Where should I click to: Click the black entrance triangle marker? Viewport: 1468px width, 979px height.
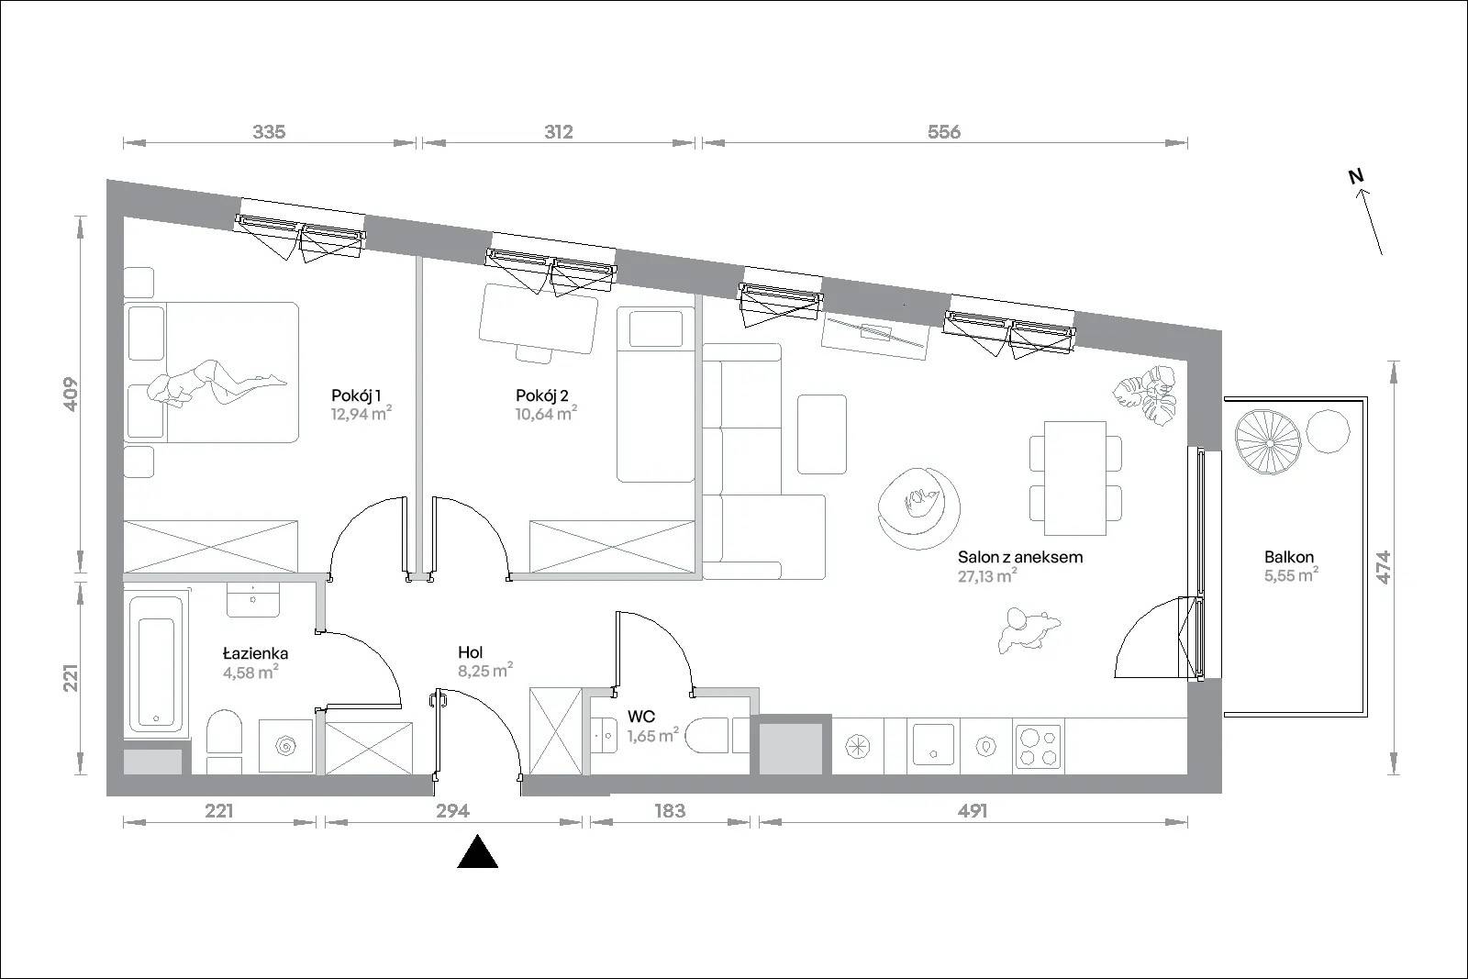coord(477,851)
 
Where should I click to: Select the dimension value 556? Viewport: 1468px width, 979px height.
coord(944,132)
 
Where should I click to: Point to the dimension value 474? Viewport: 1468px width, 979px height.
coord(1383,567)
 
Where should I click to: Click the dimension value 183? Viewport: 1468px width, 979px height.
coord(670,810)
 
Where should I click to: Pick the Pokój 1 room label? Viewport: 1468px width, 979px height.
coord(356,395)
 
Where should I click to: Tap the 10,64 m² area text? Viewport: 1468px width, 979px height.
coord(546,414)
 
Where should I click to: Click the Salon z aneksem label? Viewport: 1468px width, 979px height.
coord(1019,557)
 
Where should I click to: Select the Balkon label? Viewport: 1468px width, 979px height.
coord(1289,557)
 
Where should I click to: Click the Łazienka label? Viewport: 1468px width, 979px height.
coord(256,652)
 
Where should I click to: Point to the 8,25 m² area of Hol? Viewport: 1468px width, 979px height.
coord(485,670)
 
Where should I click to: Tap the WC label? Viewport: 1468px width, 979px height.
coord(641,716)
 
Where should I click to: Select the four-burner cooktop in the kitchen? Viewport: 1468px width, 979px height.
coord(1038,746)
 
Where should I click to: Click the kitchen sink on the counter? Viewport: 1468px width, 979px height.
coord(933,745)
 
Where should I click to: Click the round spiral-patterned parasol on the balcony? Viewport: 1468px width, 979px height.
coord(1270,442)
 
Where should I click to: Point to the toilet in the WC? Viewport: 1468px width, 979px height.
coord(706,736)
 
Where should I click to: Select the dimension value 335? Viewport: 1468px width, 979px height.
coord(270,132)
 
